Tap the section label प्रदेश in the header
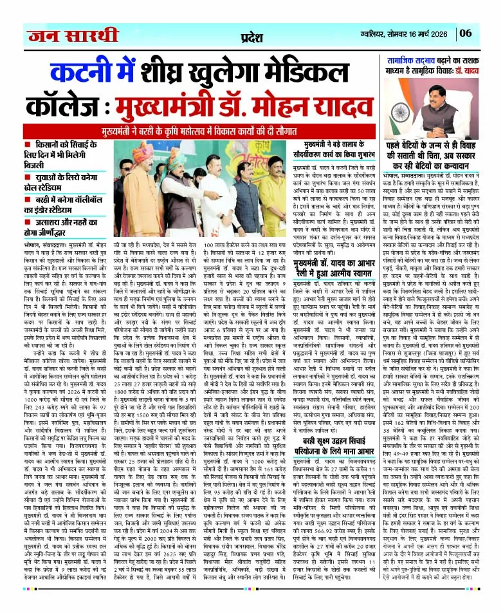point(251,33)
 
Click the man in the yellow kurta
point(271,193)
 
